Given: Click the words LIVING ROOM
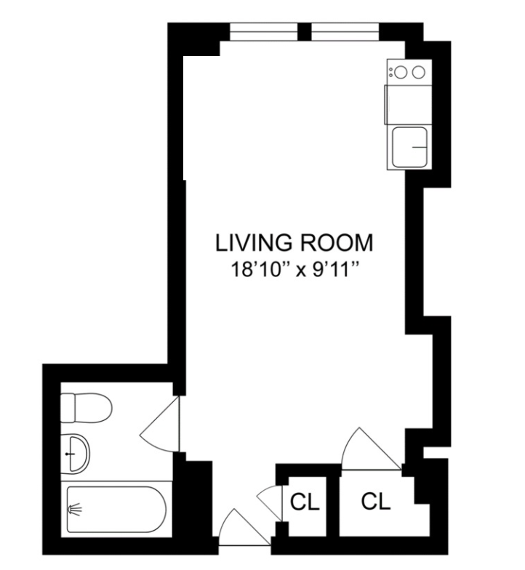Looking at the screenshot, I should click(x=294, y=241).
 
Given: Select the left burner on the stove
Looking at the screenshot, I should click(x=402, y=71).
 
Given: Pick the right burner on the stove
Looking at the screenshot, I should click(x=418, y=71).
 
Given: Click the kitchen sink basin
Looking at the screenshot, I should click(x=410, y=148).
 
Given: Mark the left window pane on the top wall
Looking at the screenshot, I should click(x=263, y=32).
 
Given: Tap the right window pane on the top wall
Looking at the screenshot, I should click(x=345, y=32).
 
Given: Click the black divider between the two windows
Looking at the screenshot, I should click(x=305, y=32).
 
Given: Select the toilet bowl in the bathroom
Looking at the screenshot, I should click(x=95, y=407).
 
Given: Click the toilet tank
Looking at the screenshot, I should click(x=68, y=407).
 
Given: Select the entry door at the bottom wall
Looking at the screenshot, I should click(x=239, y=529).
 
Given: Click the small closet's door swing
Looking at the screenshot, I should click(x=270, y=502).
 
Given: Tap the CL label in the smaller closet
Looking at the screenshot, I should click(x=305, y=502).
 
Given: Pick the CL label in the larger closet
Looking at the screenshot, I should click(x=376, y=501).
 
